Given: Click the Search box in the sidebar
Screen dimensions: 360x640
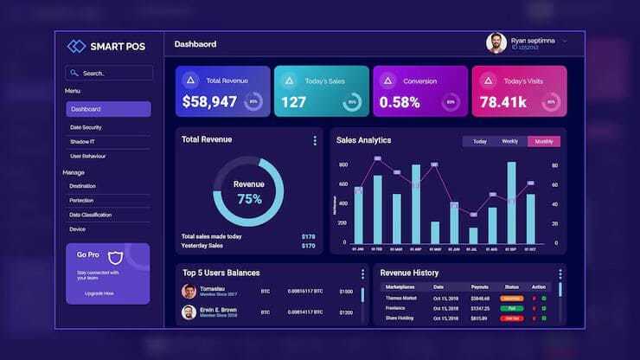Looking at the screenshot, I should (x=109, y=74).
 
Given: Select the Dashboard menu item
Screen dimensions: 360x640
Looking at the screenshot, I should (x=108, y=109).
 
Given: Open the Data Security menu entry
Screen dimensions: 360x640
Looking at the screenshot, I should (x=86, y=127).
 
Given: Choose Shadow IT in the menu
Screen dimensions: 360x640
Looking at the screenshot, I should (x=83, y=141).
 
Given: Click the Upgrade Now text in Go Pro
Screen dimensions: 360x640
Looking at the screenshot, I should (x=99, y=293).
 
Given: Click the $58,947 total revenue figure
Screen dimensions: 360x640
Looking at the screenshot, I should (x=209, y=102).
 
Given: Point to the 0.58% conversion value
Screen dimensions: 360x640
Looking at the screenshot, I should (x=400, y=102).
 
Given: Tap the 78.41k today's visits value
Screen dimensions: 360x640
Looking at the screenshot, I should (x=503, y=102).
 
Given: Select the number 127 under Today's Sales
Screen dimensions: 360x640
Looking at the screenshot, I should (x=293, y=102).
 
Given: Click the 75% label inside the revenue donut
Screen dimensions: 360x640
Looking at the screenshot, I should (x=249, y=198).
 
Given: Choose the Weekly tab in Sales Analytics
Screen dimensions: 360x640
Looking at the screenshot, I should (x=510, y=141).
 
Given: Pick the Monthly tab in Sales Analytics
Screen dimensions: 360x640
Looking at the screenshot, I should (x=544, y=141).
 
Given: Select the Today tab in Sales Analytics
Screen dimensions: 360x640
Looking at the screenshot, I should (x=479, y=141).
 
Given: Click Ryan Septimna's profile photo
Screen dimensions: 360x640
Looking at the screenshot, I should (x=496, y=43).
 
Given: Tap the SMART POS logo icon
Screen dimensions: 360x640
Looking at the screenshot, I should (x=76, y=46).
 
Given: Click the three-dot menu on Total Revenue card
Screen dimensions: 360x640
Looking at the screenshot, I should (x=315, y=140).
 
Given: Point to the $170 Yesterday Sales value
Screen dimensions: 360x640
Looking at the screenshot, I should (x=308, y=246).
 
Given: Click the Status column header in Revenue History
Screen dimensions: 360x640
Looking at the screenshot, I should (x=511, y=286).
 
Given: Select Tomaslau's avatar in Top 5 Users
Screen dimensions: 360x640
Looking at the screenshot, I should (x=189, y=292).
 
